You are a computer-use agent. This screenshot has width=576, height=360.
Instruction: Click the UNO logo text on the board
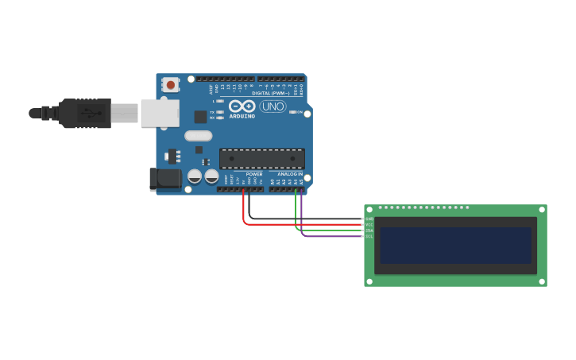pyautogui.click(x=273, y=106)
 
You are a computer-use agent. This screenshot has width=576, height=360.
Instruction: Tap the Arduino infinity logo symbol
pyautogui.click(x=242, y=106)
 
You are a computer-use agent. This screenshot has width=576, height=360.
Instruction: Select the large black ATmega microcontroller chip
pyautogui.click(x=261, y=159)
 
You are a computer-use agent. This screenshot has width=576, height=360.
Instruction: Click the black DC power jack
pyautogui.click(x=165, y=179)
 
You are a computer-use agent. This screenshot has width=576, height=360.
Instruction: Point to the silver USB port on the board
pyautogui.click(x=160, y=113)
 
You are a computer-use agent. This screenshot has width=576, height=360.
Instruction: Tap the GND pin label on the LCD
pyautogui.click(x=369, y=219)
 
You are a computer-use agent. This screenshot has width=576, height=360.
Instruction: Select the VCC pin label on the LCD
pyautogui.click(x=369, y=224)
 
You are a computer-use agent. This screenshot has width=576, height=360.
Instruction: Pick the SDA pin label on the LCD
pyautogui.click(x=369, y=230)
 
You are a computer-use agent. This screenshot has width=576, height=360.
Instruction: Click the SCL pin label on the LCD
pyautogui.click(x=369, y=236)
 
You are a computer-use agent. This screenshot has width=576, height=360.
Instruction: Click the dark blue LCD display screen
pyautogui.click(x=455, y=245)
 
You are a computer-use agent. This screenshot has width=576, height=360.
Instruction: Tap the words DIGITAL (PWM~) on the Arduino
pyautogui.click(x=271, y=93)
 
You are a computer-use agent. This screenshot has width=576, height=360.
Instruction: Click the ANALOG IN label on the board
pyautogui.click(x=289, y=174)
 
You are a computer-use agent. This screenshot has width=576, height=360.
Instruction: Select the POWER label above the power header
pyautogui.click(x=254, y=174)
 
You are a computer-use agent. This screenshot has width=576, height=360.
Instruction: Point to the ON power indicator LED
pyautogui.click(x=293, y=112)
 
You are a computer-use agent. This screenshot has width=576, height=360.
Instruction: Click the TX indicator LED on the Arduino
pyautogui.click(x=218, y=112)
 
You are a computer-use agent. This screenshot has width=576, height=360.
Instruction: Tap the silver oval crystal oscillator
pyautogui.click(x=199, y=136)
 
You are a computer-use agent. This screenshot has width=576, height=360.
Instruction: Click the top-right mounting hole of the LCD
pyautogui.click(x=542, y=210)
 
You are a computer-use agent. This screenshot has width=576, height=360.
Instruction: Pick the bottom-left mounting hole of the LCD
pyautogui.click(x=369, y=281)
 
